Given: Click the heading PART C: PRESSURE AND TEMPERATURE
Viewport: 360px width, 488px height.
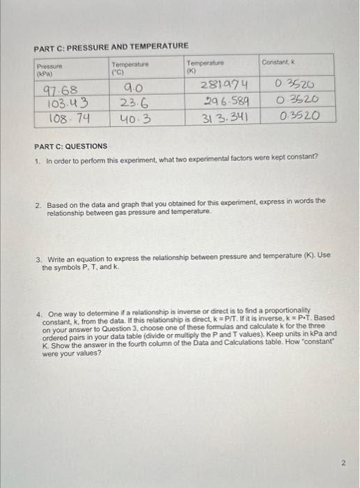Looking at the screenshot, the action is pyautogui.click(x=111, y=46).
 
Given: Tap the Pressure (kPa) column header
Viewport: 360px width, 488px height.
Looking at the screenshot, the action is pyautogui.click(x=50, y=68).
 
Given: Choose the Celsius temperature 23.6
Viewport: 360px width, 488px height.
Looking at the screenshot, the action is pyautogui.click(x=135, y=102).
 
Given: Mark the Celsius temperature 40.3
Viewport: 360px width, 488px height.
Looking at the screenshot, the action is pyautogui.click(x=136, y=118).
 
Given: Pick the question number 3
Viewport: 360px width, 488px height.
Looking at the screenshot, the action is pyautogui.click(x=38, y=255).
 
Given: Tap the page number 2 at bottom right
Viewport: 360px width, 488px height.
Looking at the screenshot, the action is pyautogui.click(x=343, y=461).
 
